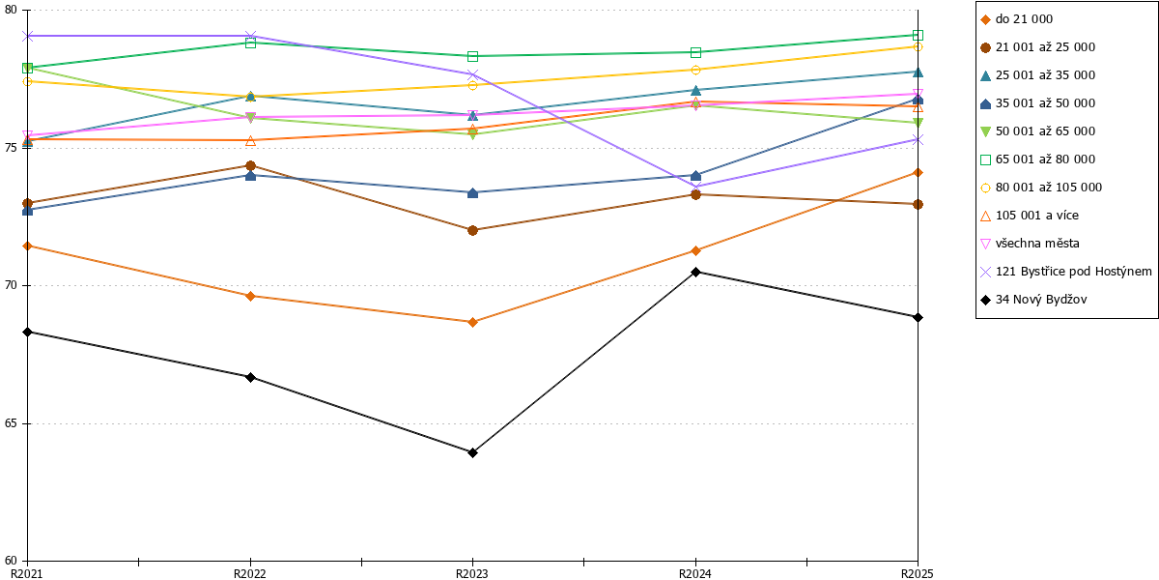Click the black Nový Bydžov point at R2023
pyautogui.click(x=472, y=453)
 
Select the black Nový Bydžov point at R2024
pyautogui.click(x=695, y=272)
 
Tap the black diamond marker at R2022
pyautogui.click(x=250, y=378)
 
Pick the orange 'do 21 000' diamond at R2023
pyautogui.click(x=472, y=322)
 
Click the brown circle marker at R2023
pyautogui.click(x=472, y=230)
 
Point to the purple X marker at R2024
pyautogui.click(x=695, y=187)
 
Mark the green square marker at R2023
pyautogui.click(x=472, y=56)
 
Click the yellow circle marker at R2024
pyautogui.click(x=695, y=70)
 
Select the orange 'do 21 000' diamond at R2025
pyautogui.click(x=918, y=172)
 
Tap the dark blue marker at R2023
pyautogui.click(x=472, y=193)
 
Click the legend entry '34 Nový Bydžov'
pyautogui.click(x=1041, y=300)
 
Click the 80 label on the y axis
pyautogui.click(x=12, y=10)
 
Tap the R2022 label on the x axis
pyautogui.click(x=250, y=574)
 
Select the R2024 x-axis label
pyautogui.click(x=694, y=574)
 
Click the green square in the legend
pyautogui.click(x=986, y=159)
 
